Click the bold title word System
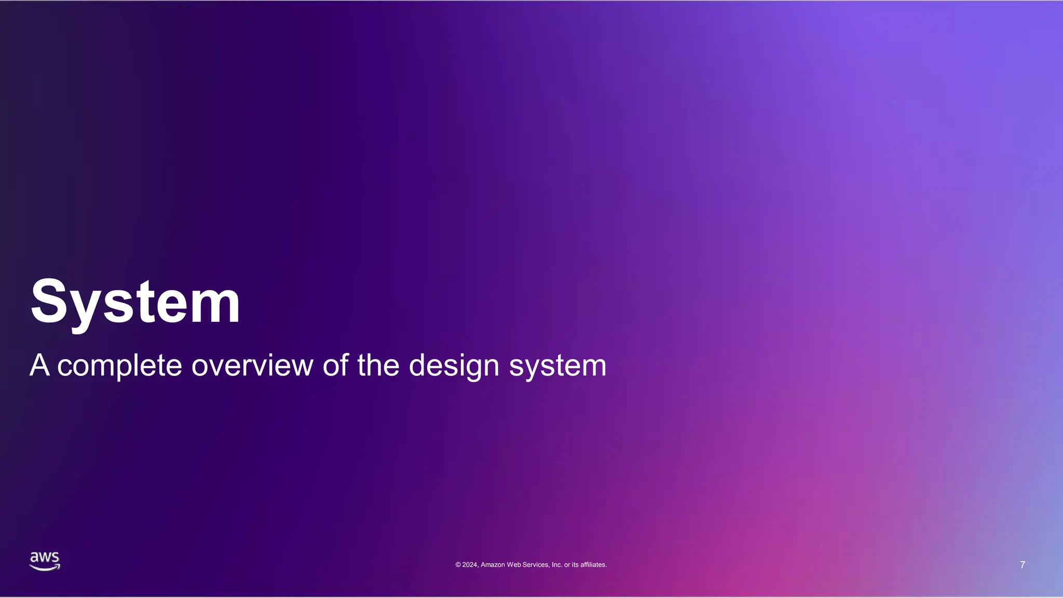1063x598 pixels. [135, 302]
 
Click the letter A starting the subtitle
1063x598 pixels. [39, 365]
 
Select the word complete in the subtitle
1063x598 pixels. [119, 366]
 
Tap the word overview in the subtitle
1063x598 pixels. [252, 365]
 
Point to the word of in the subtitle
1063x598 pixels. [335, 365]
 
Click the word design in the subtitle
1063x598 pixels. [454, 366]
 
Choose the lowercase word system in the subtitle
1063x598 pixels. [557, 366]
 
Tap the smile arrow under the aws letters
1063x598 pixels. [45, 568]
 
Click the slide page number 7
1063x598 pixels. [1023, 565]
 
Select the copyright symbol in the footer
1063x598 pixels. [458, 565]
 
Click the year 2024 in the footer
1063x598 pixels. [470, 565]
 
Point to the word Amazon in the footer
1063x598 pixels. [493, 565]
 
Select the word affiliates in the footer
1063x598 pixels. [593, 565]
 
